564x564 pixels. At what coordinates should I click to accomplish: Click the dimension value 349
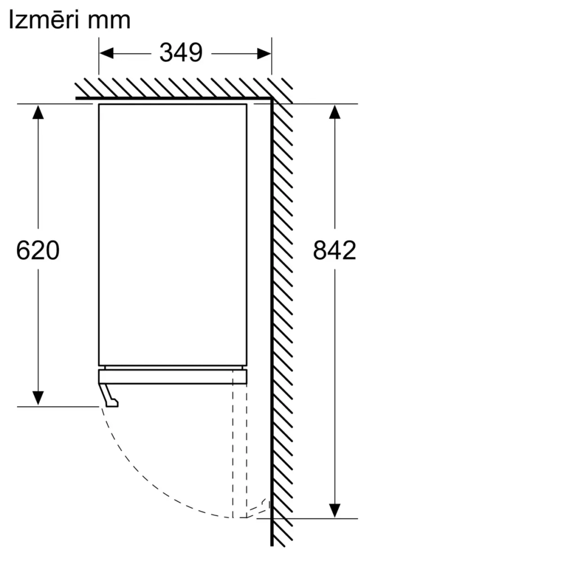coord(180,53)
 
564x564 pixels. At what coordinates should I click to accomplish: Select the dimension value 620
coord(37,250)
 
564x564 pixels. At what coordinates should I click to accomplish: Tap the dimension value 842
coord(334,250)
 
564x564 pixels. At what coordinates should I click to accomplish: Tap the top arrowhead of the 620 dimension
coord(38,112)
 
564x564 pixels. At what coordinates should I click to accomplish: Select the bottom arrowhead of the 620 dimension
coord(38,398)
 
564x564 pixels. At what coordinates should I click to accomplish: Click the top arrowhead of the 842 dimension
coord(334,112)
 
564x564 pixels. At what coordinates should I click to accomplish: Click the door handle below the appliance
coord(109,395)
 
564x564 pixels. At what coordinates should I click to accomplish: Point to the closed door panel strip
coord(173,376)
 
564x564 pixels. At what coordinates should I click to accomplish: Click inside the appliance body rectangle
coord(173,234)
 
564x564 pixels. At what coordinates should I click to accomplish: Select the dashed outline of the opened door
coord(240,451)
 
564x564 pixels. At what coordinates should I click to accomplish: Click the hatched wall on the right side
coord(283,310)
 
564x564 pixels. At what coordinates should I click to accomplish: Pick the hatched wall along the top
coord(169,87)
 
